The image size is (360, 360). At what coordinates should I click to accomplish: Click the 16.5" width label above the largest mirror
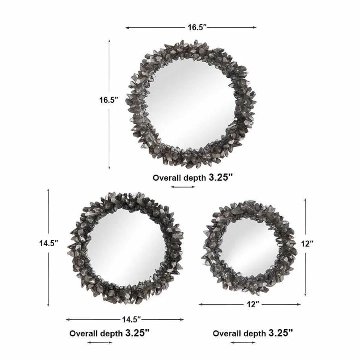tap(197, 27)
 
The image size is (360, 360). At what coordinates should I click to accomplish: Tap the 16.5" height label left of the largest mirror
tap(109, 100)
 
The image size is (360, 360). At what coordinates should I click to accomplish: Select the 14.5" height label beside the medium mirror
tap(48, 243)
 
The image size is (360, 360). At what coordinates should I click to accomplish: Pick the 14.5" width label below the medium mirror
tap(131, 319)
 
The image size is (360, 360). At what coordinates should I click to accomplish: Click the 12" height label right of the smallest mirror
tap(307, 244)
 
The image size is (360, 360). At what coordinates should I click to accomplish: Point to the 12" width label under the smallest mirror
tap(253, 305)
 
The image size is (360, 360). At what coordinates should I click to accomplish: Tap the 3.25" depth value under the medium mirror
tap(137, 333)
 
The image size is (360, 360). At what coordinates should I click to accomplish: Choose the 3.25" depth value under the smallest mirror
tap(281, 333)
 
